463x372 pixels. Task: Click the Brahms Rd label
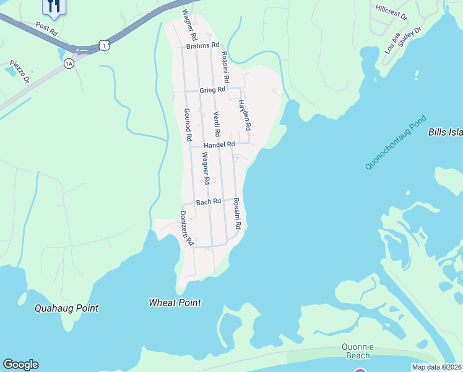(203, 45)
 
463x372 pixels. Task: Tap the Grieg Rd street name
(212, 91)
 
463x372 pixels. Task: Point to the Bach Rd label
(209, 202)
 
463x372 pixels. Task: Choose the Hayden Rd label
(246, 115)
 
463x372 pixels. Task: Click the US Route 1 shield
(104, 45)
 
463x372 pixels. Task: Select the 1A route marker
(68, 63)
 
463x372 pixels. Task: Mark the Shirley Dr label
(409, 39)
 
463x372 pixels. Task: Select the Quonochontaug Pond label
(396, 142)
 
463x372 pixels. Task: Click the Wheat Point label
(175, 303)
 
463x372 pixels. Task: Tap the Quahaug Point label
(66, 308)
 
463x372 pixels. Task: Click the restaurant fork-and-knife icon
(53, 6)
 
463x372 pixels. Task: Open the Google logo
(20, 365)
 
